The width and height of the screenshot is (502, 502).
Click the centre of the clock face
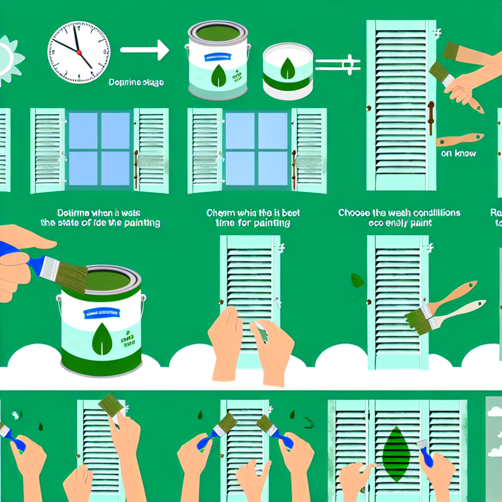tap(78, 51)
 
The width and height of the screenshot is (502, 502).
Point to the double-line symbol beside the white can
tap(338, 64)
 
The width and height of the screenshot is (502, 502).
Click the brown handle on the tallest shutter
tap(430, 118)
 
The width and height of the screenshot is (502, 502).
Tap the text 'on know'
tap(458, 153)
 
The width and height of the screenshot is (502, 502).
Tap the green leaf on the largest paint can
tap(102, 339)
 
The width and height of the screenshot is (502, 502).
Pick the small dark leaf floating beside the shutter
tap(357, 280)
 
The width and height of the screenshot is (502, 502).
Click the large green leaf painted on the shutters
tap(396, 453)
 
